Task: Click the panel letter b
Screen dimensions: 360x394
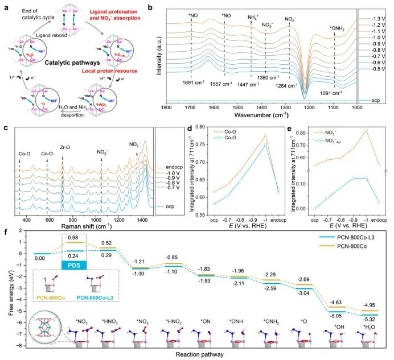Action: pos(150,6)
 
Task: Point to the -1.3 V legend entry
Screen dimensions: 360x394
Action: pos(376,18)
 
